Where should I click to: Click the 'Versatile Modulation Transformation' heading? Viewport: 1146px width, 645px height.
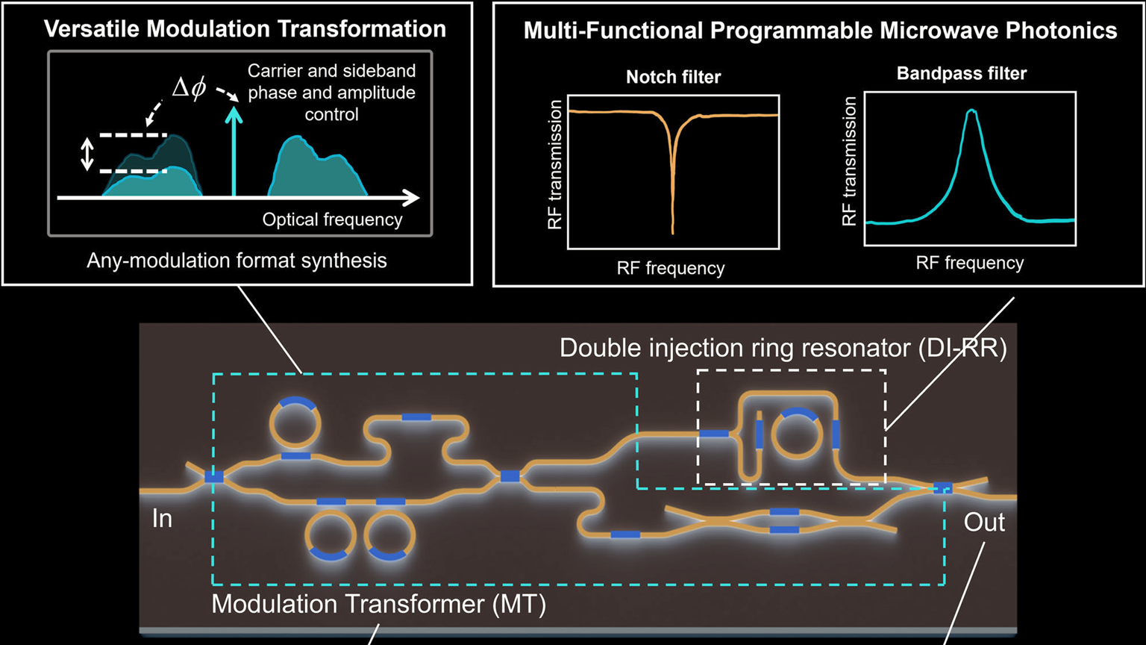pos(245,29)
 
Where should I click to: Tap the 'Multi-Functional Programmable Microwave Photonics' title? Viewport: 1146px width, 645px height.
pos(820,31)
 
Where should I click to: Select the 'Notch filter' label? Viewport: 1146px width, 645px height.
pos(673,77)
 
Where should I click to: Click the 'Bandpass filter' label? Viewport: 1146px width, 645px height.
pos(961,73)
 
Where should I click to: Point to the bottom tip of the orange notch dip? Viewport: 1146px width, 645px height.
pos(672,233)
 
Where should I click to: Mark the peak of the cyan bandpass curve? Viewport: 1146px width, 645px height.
pos(971,110)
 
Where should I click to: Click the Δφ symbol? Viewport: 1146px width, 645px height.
pos(189,89)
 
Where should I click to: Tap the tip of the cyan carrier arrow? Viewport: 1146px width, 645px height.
pos(234,109)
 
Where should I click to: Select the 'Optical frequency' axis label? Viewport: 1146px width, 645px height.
pos(332,219)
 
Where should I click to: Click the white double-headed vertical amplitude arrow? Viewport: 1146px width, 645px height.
pos(87,155)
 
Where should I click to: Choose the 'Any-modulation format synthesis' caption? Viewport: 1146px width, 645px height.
pos(237,261)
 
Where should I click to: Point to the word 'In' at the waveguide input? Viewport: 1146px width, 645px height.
pos(162,518)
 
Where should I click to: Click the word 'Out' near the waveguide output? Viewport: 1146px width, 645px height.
pos(984,522)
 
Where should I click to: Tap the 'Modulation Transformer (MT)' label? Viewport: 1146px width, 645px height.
pos(378,603)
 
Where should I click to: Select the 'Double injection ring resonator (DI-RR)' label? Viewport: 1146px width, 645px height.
pos(783,348)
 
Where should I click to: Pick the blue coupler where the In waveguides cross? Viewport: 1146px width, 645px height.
pos(214,476)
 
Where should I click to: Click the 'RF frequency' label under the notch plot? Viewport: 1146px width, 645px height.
pos(670,268)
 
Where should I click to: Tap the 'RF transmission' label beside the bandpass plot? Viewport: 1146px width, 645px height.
pos(849,161)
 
